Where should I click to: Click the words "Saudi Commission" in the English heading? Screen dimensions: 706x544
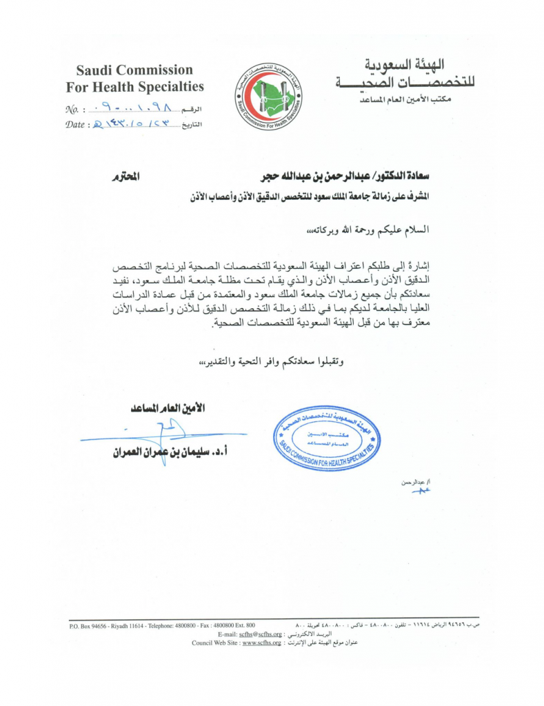pyautogui.click(x=134, y=70)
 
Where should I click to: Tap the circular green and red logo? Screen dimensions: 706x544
pyautogui.click(x=270, y=97)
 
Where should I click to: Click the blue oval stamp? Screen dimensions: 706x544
pyautogui.click(x=325, y=438)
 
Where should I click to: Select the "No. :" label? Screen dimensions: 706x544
pyautogui.click(x=74, y=110)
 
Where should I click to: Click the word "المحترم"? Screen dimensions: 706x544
pyautogui.click(x=125, y=178)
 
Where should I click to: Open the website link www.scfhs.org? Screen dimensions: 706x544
pyautogui.click(x=261, y=643)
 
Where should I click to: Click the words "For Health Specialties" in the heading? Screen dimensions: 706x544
pyautogui.click(x=134, y=87)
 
